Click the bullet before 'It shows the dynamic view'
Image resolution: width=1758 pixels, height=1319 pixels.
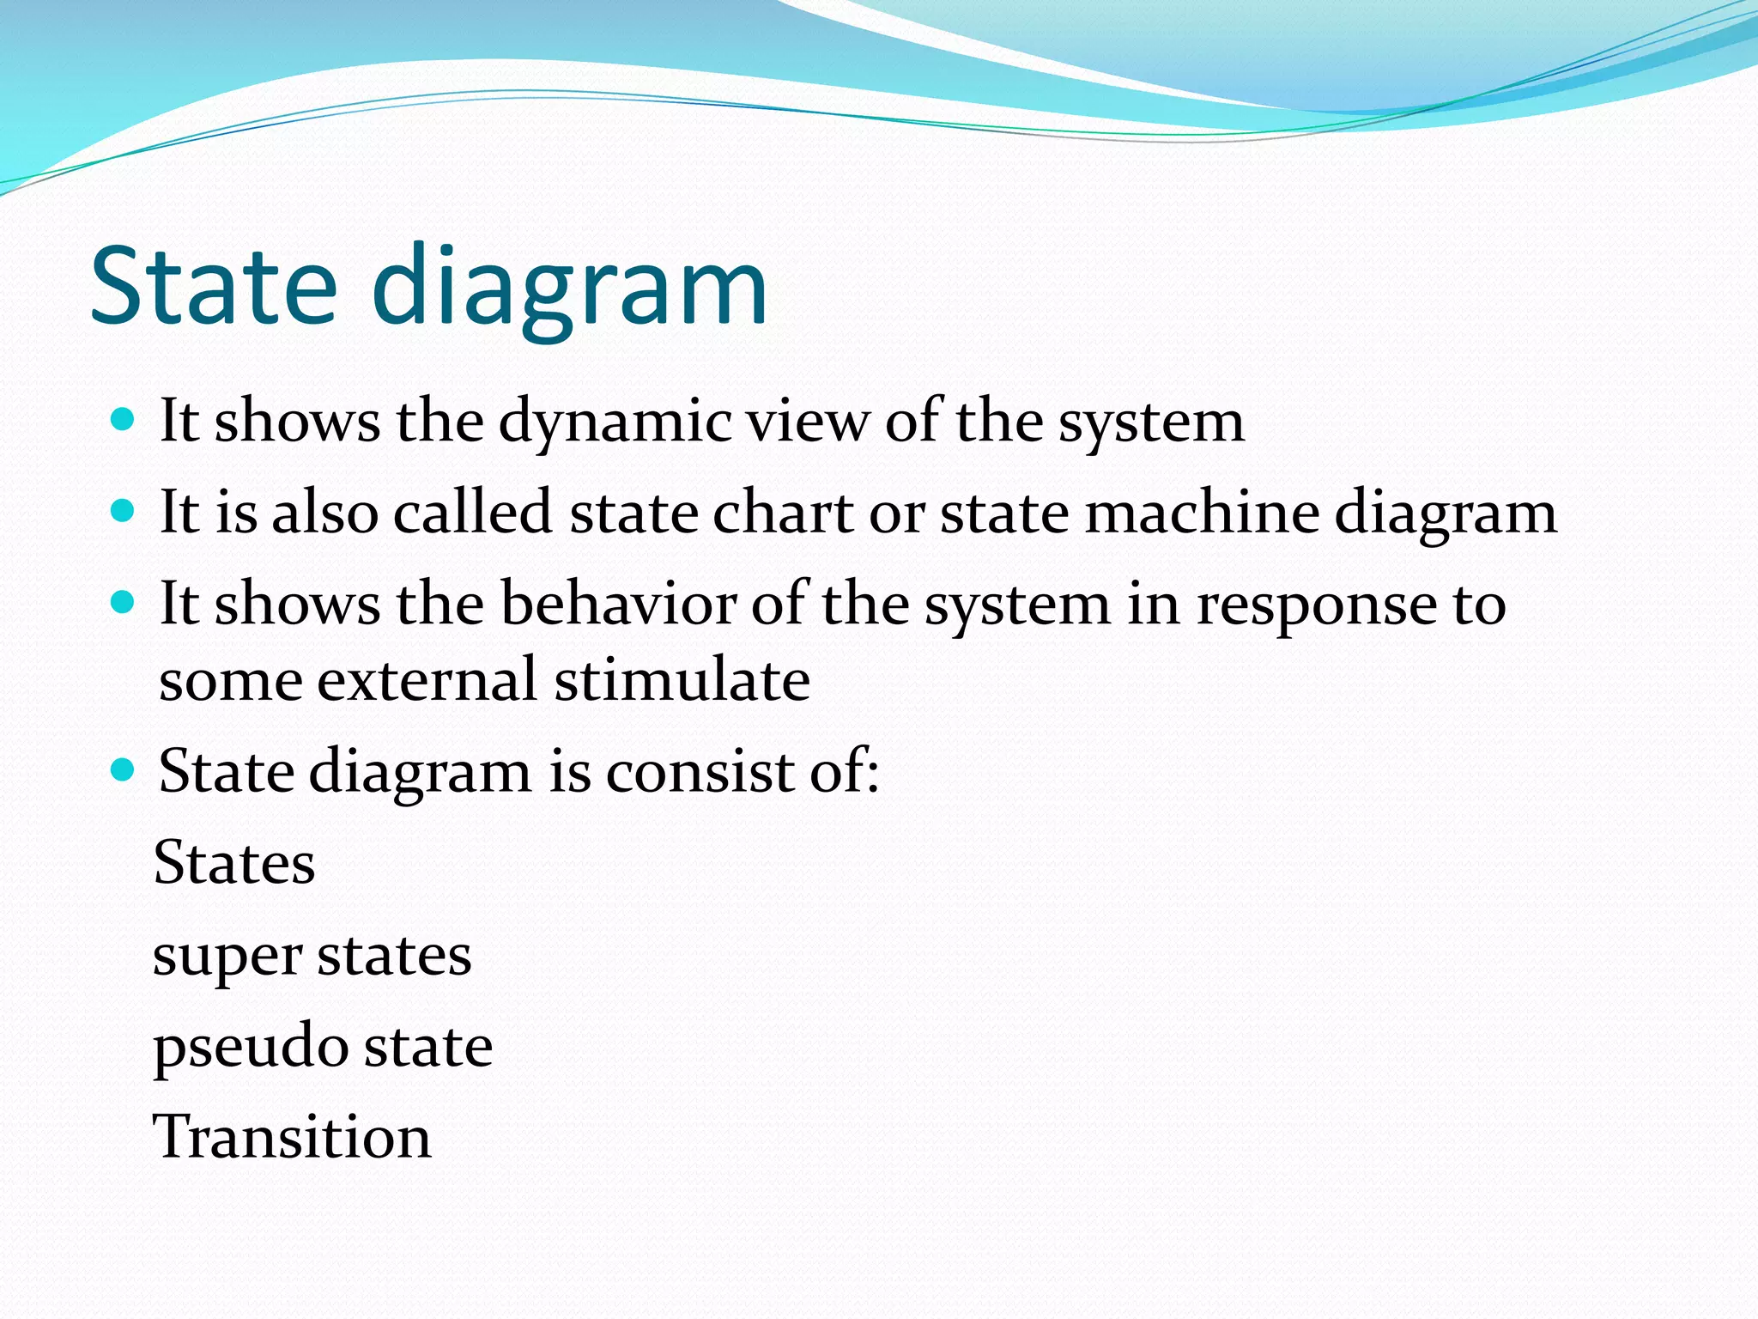click(124, 420)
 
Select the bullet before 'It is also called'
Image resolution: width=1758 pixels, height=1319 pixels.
click(124, 512)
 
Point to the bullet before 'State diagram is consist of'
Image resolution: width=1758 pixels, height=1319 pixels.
click(124, 769)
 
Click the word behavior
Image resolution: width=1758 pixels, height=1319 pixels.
click(618, 604)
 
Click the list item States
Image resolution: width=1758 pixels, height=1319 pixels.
click(234, 862)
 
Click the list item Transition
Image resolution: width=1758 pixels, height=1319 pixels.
click(292, 1137)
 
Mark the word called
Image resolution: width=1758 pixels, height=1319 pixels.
click(473, 513)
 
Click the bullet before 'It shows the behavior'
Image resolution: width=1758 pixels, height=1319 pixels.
click(124, 603)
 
